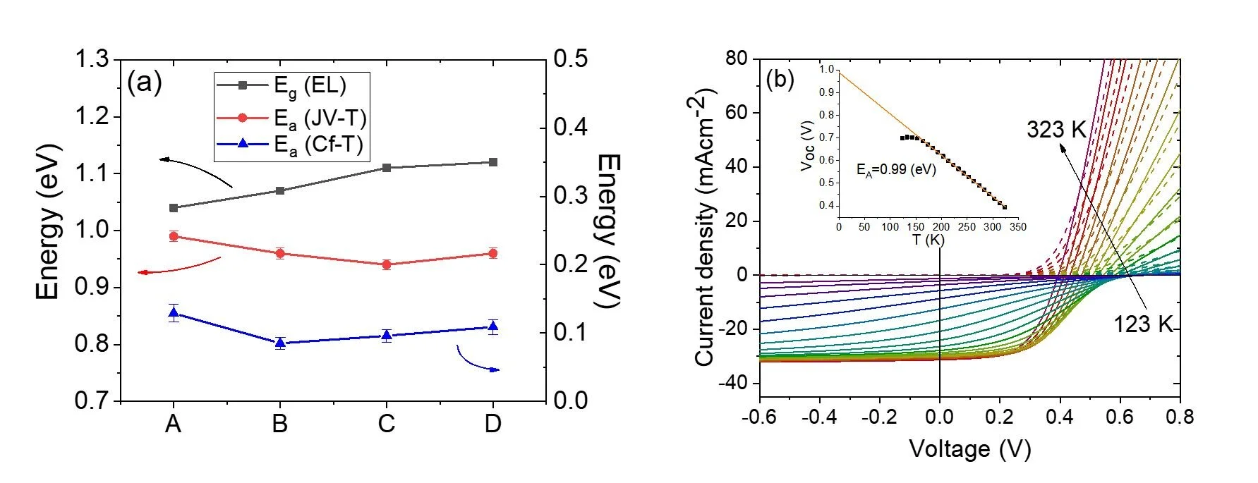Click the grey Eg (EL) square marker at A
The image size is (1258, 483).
pos(174,208)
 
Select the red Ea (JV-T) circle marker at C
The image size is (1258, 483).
pos(386,264)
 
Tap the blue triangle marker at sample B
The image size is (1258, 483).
pos(280,343)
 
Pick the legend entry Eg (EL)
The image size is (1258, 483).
pos(310,85)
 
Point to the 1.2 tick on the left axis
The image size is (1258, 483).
pos(93,116)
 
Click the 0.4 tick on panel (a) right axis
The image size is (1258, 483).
pos(570,127)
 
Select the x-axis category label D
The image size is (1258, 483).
pos(492,424)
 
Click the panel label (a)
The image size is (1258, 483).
pos(144,82)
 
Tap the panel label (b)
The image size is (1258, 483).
pos(780,79)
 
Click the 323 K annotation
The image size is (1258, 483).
pos(1056,130)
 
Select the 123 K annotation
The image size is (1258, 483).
pos(1142,324)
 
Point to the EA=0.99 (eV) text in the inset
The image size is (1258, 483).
pos(896,170)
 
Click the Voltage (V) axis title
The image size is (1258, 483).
pos(969,449)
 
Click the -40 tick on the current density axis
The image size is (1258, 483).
pos(733,384)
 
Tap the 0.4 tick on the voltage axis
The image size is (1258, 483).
pos(1060,417)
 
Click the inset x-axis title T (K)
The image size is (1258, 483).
pos(928,240)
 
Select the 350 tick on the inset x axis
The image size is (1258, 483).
pos(1017,227)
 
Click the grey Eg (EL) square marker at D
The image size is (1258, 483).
pos(493,162)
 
